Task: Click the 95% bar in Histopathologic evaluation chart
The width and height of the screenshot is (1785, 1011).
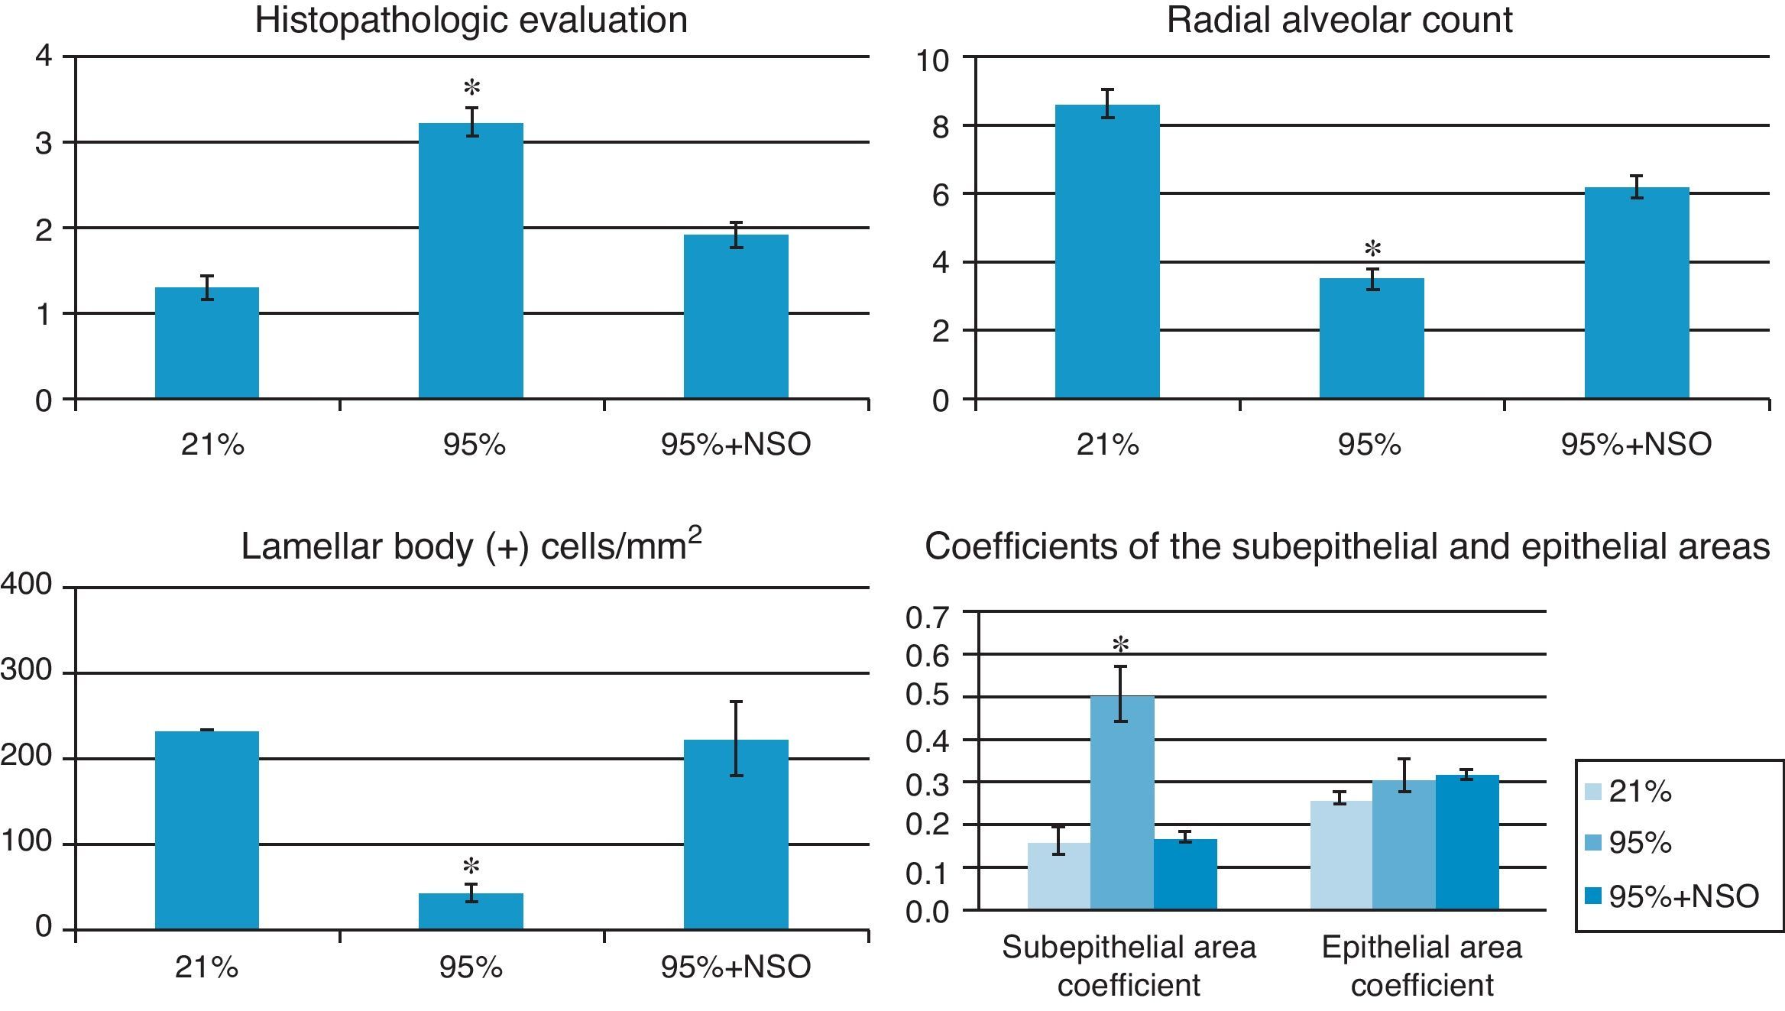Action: (x=471, y=260)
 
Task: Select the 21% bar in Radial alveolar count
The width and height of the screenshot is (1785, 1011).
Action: (x=1107, y=252)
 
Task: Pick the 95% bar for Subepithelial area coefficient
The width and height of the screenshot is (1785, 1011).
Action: (x=1122, y=802)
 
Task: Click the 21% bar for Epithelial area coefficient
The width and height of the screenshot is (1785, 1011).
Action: (x=1341, y=855)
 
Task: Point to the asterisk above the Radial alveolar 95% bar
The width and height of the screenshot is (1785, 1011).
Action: (x=1372, y=249)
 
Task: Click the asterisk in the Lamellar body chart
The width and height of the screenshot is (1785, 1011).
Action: (x=471, y=867)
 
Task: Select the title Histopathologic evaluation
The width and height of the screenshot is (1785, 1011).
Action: (x=471, y=21)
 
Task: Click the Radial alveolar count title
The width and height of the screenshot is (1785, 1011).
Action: (x=1339, y=21)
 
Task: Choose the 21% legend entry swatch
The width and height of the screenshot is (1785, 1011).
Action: (x=1593, y=792)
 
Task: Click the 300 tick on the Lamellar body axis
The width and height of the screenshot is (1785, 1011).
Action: (x=26, y=671)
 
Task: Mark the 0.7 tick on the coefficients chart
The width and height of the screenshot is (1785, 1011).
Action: (x=926, y=616)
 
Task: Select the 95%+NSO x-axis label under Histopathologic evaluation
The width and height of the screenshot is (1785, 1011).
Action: (x=735, y=444)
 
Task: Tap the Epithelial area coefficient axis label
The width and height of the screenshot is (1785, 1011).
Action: (x=1421, y=966)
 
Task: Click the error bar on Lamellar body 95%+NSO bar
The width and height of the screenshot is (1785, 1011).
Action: (x=736, y=738)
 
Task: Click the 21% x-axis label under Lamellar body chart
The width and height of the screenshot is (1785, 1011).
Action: (x=206, y=967)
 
